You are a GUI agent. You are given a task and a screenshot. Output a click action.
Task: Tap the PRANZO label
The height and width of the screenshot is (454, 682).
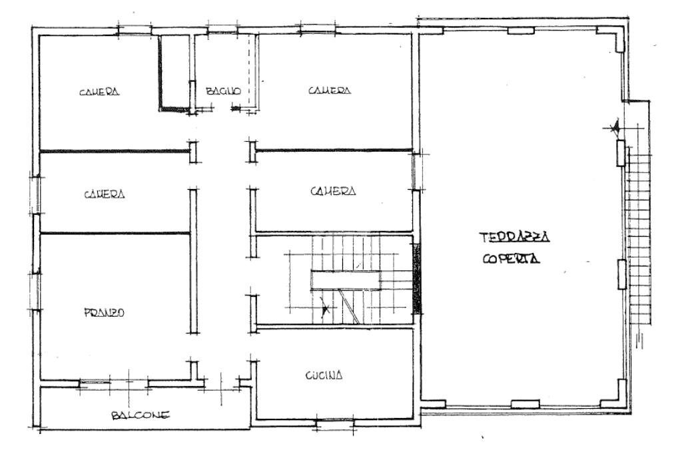[x=105, y=313]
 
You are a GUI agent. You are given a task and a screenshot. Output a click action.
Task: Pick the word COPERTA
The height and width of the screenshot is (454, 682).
[x=511, y=260]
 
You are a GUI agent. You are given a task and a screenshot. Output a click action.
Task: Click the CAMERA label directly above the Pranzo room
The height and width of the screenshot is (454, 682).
[x=105, y=194]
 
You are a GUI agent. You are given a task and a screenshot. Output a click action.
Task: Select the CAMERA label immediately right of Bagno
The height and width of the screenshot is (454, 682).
[x=329, y=91]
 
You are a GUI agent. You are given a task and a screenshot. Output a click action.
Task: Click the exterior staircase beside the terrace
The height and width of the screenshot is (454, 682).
[x=638, y=233]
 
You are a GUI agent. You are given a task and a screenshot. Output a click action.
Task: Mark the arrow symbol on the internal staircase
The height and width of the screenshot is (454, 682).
[x=325, y=308]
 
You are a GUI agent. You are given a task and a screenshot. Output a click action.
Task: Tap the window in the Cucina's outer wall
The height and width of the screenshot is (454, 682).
[x=334, y=421]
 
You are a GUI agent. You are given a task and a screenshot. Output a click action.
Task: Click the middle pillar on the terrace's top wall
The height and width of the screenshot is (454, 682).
[x=520, y=30]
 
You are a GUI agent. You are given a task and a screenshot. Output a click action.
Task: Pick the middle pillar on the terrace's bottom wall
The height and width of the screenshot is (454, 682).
[x=524, y=403]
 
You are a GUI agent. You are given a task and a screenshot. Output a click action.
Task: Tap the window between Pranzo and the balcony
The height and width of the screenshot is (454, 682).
[x=113, y=383]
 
